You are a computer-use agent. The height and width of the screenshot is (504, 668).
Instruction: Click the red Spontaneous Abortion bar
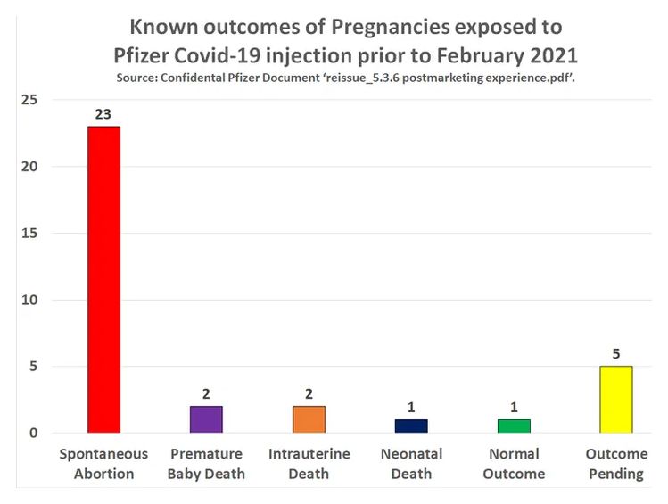click(x=103, y=279)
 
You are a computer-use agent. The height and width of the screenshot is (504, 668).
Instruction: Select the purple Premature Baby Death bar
click(x=205, y=419)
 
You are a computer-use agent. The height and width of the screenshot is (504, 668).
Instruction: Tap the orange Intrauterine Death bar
click(x=309, y=419)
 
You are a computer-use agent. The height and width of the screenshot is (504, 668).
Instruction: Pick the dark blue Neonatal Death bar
click(x=411, y=426)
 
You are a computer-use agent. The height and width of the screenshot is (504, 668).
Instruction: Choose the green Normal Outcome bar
click(x=514, y=426)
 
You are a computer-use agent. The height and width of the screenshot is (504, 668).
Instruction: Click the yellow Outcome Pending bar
click(x=616, y=400)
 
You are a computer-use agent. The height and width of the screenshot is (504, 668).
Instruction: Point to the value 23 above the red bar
click(x=103, y=114)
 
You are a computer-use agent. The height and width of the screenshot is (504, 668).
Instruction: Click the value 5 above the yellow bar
click(x=616, y=354)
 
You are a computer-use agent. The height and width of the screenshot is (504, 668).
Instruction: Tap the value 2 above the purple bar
click(x=205, y=394)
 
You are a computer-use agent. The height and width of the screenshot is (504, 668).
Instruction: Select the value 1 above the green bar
click(x=514, y=408)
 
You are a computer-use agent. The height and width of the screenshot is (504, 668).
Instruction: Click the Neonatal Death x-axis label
click(x=411, y=464)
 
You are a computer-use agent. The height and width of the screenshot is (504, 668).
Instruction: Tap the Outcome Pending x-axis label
click(x=616, y=464)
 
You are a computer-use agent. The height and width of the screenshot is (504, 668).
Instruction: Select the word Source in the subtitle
click(x=139, y=78)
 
